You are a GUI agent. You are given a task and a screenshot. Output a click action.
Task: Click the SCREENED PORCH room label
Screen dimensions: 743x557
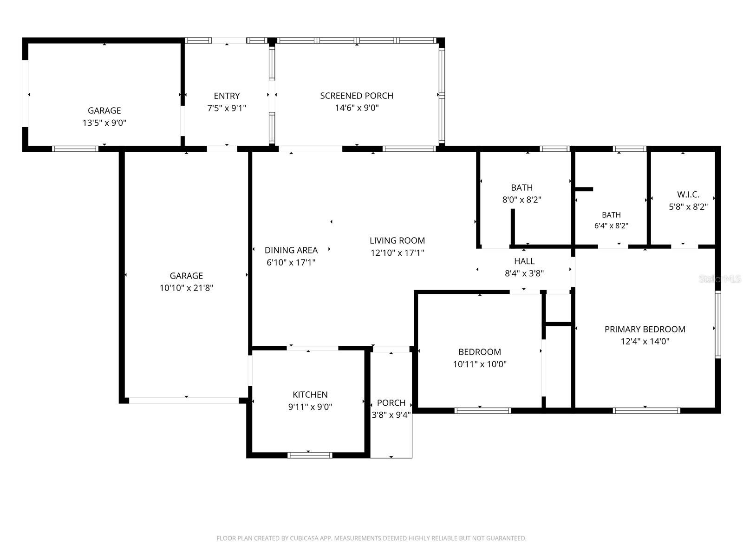click(357, 96)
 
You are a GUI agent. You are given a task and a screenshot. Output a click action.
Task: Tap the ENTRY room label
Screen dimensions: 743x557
click(227, 96)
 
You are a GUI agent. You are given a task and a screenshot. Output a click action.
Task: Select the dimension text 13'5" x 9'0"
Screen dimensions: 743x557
click(104, 123)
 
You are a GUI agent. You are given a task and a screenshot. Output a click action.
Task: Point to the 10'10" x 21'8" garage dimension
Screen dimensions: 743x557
click(186, 288)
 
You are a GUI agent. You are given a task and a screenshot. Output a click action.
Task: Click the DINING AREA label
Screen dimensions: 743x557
click(291, 250)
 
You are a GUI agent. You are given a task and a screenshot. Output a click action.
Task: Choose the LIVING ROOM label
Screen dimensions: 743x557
click(397, 240)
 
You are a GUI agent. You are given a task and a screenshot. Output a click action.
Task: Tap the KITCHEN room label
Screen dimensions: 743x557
click(310, 395)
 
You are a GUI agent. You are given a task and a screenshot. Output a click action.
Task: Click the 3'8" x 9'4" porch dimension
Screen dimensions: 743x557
click(391, 415)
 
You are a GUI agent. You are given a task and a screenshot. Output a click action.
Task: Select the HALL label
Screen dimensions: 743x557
click(524, 261)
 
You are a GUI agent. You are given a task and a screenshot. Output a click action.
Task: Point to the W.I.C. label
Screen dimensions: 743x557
click(688, 194)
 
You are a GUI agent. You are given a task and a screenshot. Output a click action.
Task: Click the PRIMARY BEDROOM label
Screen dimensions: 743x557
click(645, 329)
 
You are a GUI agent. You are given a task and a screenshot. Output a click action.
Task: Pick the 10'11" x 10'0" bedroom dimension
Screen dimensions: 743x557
click(480, 364)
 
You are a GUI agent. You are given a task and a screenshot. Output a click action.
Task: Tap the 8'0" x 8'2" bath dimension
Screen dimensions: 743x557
click(521, 200)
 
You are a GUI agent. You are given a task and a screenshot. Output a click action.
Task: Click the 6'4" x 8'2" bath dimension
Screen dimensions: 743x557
click(611, 226)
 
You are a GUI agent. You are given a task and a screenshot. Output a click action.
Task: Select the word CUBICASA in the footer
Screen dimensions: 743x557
click(304, 538)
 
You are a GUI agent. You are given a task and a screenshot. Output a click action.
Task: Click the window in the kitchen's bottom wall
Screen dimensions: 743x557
click(310, 455)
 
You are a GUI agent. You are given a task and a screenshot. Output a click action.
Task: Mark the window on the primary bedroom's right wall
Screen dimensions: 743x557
click(717, 324)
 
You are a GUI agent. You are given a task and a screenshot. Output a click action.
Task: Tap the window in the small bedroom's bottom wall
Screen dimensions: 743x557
click(482, 411)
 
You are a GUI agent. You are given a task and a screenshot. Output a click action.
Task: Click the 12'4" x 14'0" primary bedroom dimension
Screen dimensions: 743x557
click(645, 341)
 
